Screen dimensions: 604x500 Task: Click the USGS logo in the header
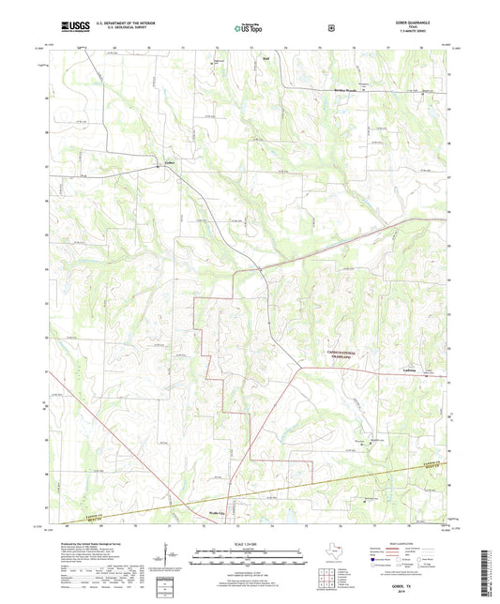(x=71, y=28)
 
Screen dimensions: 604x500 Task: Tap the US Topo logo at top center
(x=250, y=28)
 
